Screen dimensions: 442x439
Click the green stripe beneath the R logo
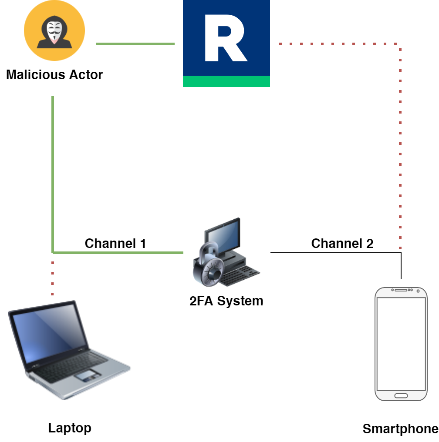[226, 81]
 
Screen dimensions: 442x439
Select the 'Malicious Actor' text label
[54, 74]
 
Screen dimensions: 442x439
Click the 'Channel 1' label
[115, 243]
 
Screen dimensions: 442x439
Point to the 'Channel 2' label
[342, 243]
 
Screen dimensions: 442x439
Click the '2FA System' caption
[226, 301]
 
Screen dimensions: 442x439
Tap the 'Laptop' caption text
[70, 428]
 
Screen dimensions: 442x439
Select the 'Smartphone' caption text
[400, 429]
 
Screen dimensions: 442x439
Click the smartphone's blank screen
[401, 344]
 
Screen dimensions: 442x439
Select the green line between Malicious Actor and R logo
[135, 44]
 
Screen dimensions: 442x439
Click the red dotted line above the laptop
[52, 278]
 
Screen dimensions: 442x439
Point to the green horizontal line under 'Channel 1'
[118, 252]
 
